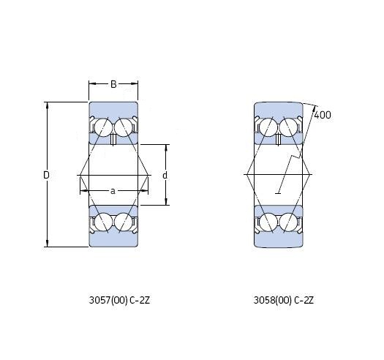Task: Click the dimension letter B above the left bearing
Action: tap(113, 84)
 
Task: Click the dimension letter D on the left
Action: tap(46, 175)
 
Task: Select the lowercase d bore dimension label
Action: tap(165, 175)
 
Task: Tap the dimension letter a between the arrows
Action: tap(113, 191)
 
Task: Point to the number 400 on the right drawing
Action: tap(323, 115)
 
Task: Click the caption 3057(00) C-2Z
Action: tap(119, 300)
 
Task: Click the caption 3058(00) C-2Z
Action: tap(284, 300)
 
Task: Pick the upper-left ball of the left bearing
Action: tap(103, 127)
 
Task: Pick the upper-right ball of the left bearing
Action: tap(123, 127)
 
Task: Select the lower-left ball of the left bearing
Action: tap(103, 222)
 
